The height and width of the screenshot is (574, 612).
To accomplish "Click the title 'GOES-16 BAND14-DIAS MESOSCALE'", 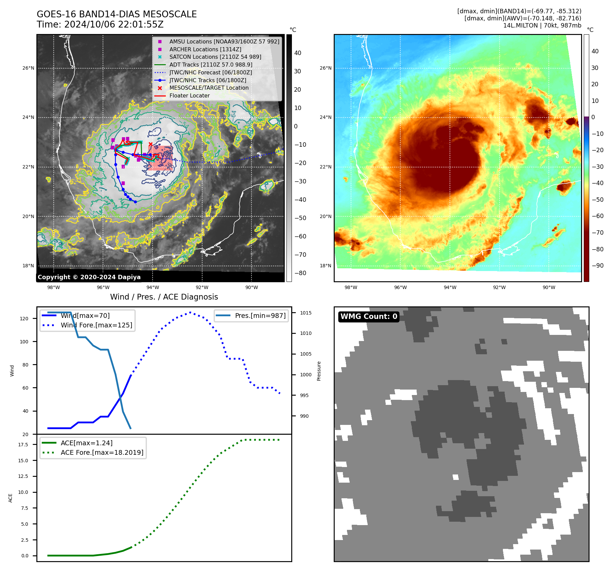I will tap(117, 14).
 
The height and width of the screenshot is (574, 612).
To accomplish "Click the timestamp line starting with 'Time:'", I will tap(100, 24).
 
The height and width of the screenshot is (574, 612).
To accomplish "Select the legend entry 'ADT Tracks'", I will tap(211, 65).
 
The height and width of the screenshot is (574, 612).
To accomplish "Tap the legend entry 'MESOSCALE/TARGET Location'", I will tap(209, 88).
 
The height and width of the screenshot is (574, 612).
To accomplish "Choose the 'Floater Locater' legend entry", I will tap(189, 95).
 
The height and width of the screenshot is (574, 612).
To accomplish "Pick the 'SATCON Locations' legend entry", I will tap(215, 57).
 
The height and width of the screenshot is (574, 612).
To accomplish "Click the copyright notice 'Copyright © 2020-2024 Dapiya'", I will tap(89, 277).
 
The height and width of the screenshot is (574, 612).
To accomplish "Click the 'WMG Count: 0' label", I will tap(369, 317).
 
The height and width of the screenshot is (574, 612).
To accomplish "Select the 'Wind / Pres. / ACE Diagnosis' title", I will tap(164, 297).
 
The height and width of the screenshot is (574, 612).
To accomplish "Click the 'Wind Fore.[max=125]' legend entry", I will tap(96, 325).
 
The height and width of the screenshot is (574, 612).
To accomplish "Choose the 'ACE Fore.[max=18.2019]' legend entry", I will tap(102, 452).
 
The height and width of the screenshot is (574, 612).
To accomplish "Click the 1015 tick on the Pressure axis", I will tap(305, 313).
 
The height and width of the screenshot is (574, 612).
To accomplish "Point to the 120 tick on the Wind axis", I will tap(24, 319).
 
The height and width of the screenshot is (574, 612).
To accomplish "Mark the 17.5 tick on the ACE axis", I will tap(23, 445).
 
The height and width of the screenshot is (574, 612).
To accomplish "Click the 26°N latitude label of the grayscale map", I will tap(28, 68).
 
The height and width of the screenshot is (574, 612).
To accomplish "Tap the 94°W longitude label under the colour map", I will tap(450, 287).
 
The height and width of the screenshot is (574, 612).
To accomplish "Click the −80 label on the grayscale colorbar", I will tap(300, 273).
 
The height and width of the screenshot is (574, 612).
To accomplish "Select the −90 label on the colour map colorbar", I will tap(597, 266).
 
